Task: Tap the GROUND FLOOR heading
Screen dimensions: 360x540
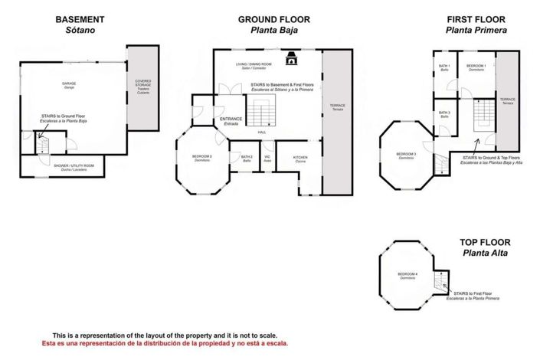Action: [x=267, y=18]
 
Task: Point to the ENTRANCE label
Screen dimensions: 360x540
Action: [x=231, y=120]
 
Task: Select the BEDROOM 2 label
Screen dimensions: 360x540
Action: [x=202, y=158]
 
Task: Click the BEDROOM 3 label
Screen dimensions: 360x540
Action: [x=406, y=155]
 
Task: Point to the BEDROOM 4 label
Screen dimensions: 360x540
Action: [x=407, y=275]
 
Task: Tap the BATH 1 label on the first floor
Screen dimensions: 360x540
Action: [x=444, y=67]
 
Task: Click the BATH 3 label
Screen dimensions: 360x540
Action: [x=444, y=113]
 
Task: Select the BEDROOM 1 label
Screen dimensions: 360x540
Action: [x=477, y=67]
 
